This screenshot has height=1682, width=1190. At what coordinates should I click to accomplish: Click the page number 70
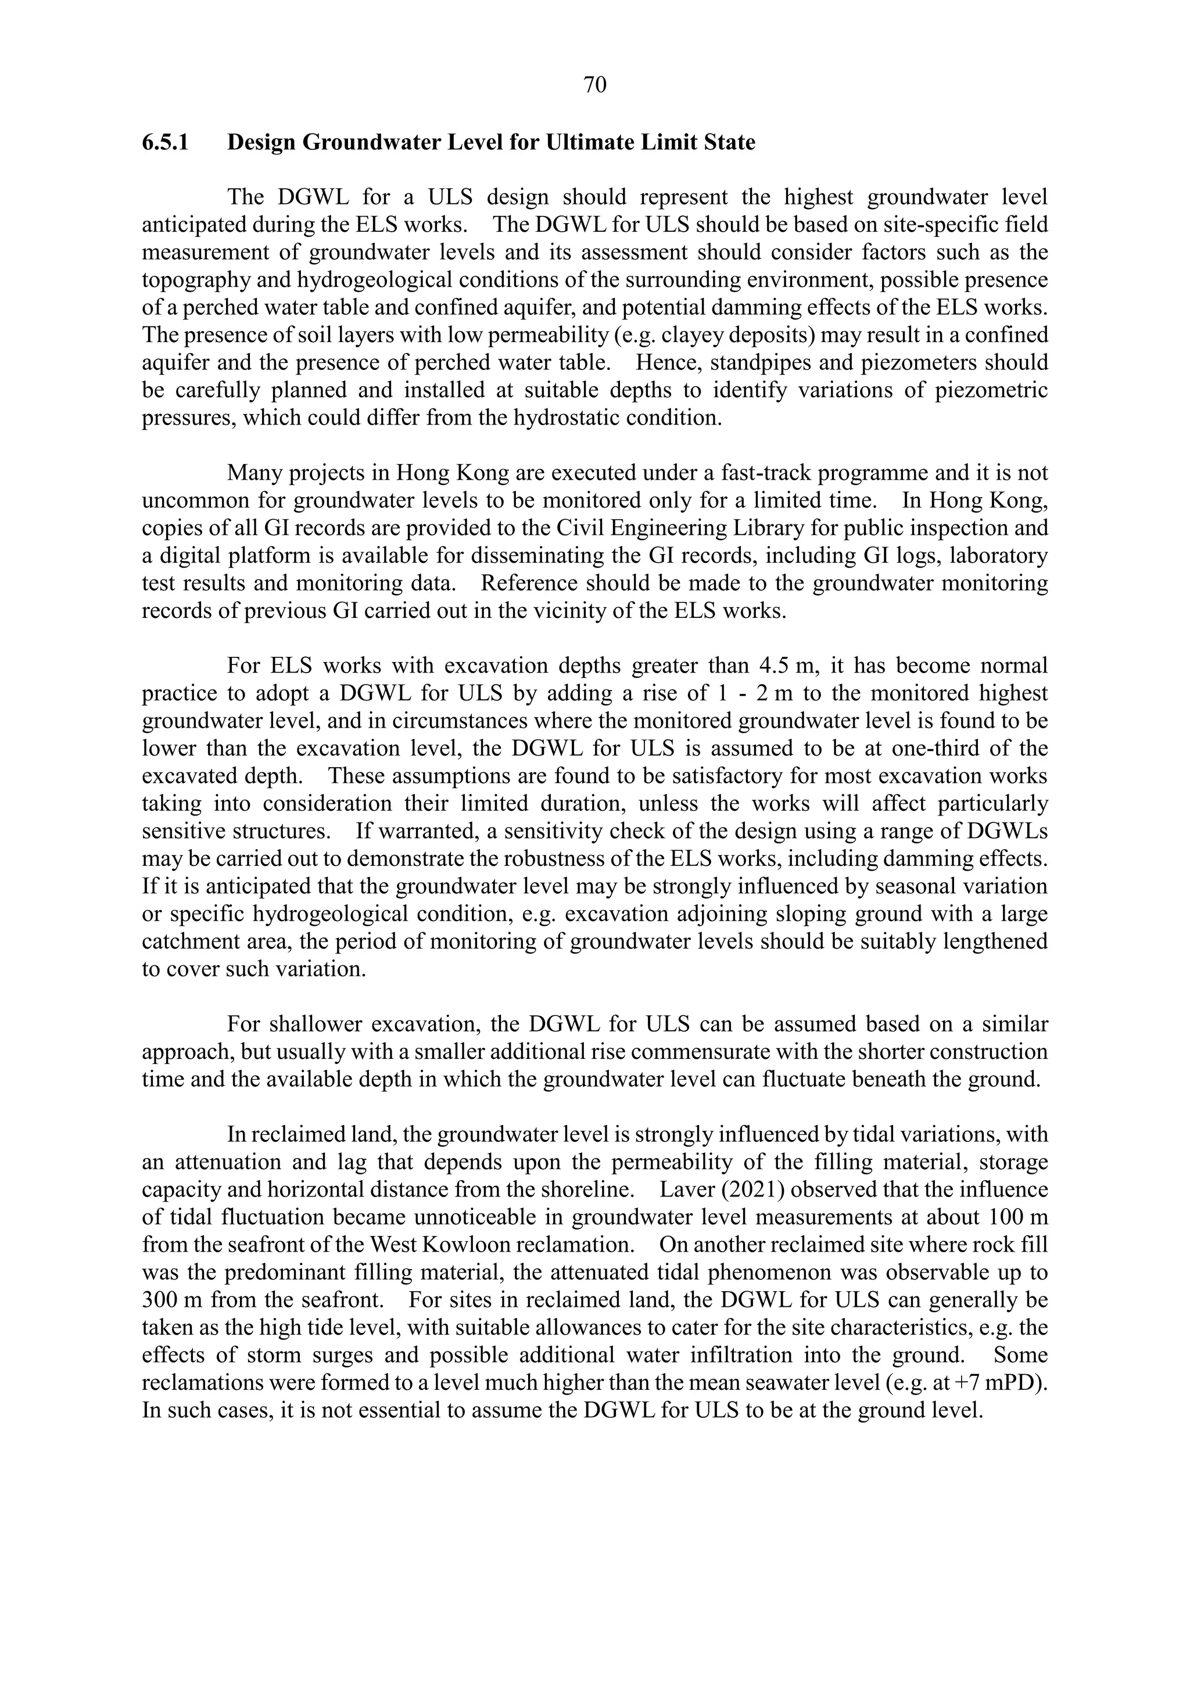click(x=594, y=86)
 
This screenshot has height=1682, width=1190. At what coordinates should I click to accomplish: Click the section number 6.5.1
click(x=166, y=142)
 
